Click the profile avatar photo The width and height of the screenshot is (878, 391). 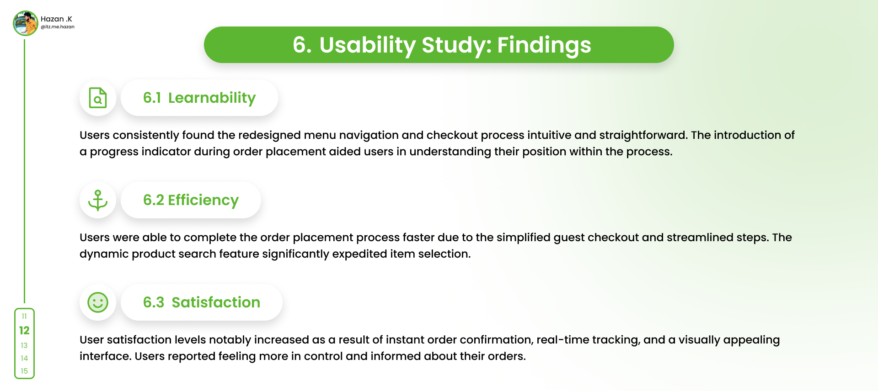[x=26, y=23]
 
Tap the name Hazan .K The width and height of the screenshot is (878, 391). [x=56, y=19]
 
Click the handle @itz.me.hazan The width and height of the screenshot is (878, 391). [x=58, y=27]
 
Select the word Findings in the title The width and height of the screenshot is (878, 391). [x=544, y=45]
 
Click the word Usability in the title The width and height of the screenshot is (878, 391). [x=367, y=45]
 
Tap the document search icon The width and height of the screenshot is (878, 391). [x=98, y=98]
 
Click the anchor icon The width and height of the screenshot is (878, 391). [x=98, y=200]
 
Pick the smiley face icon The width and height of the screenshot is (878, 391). [x=98, y=302]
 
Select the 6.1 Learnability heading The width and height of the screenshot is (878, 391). [x=199, y=98]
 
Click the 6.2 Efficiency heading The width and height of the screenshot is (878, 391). [x=191, y=200]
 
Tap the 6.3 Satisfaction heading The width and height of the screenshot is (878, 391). [x=202, y=302]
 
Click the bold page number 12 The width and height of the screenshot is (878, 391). [x=24, y=330]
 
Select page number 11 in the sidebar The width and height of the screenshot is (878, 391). [x=24, y=316]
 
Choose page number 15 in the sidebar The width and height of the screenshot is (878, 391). [x=24, y=371]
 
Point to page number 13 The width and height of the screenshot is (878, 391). [x=24, y=345]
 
